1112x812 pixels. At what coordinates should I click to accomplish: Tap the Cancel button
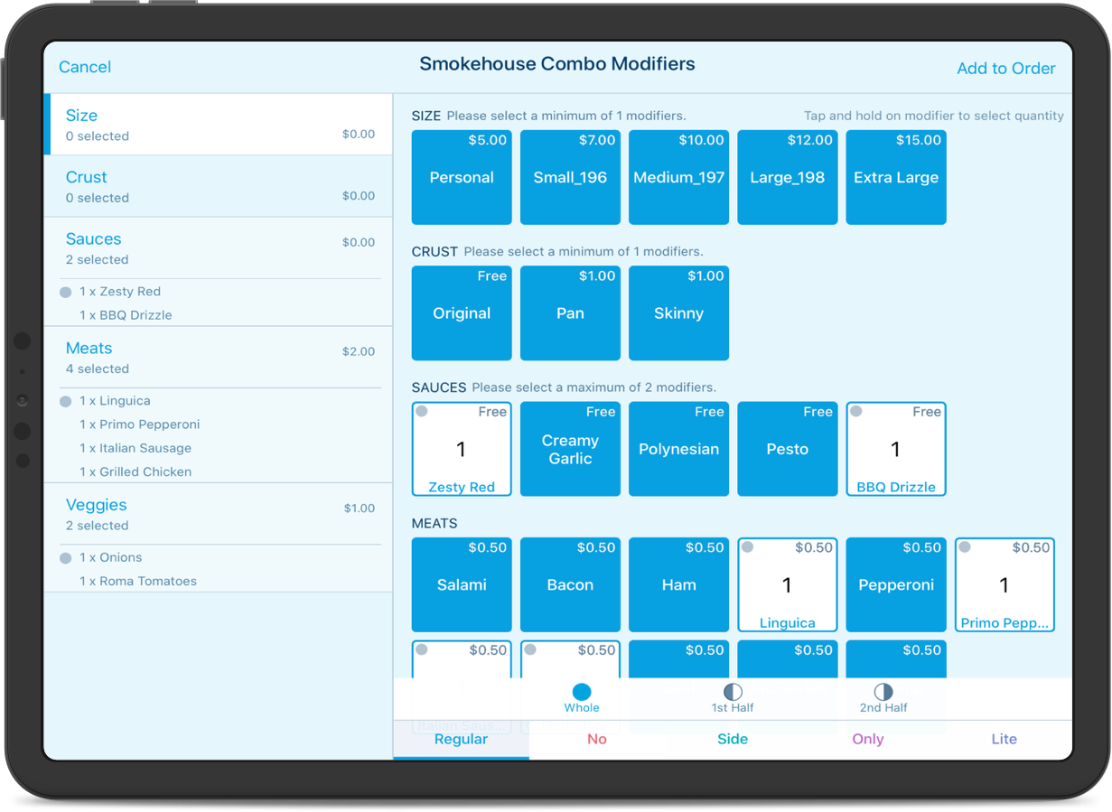point(85,67)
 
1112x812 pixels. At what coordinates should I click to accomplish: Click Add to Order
point(1005,69)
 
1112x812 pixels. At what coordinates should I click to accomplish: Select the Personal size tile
point(462,177)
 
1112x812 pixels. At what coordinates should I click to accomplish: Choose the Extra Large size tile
point(895,177)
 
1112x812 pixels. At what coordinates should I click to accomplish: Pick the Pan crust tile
point(570,313)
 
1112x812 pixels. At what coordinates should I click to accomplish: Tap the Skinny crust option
point(678,313)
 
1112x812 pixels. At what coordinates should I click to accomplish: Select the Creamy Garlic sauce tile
point(570,449)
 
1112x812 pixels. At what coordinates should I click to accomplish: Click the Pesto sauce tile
point(787,449)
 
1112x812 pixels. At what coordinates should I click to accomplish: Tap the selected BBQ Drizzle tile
point(895,449)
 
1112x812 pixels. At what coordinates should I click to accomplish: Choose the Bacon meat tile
point(570,584)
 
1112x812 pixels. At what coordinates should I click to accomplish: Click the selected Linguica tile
point(787,584)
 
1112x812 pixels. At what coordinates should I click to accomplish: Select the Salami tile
point(462,584)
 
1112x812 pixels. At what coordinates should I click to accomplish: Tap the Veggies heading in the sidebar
point(97,505)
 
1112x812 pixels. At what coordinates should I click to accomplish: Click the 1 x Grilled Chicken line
point(135,471)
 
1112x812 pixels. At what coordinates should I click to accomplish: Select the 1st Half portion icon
point(733,693)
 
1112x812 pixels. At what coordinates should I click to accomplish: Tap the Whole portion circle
point(582,693)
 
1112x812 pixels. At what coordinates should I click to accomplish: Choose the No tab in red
point(597,739)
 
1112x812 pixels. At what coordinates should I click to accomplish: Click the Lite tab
point(1004,739)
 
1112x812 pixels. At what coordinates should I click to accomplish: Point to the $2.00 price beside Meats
point(358,351)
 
